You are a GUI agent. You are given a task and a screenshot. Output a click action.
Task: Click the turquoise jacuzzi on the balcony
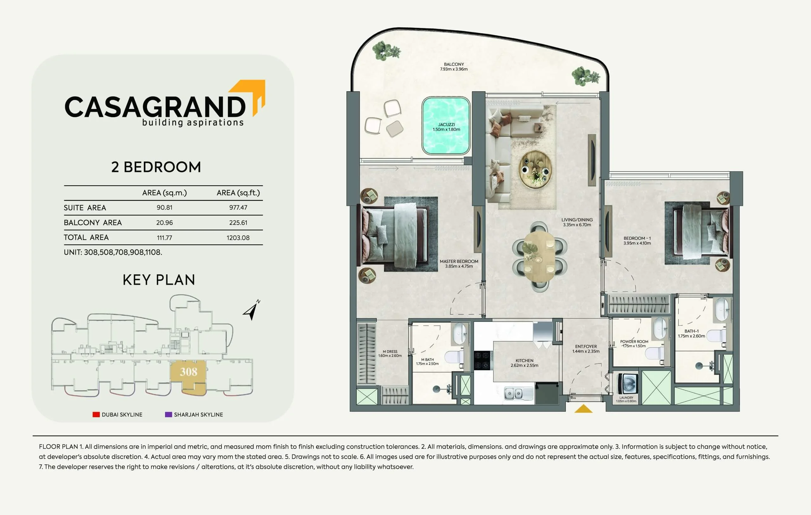tap(446, 126)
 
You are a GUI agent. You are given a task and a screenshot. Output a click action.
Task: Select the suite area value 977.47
tap(238, 208)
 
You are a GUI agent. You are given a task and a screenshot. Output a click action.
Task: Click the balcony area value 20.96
tap(164, 223)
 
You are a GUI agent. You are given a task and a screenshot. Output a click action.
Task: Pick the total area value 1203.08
tap(238, 238)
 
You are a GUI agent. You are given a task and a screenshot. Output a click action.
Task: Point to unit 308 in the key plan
tap(188, 372)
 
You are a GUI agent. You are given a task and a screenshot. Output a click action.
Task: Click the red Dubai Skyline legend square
tap(96, 414)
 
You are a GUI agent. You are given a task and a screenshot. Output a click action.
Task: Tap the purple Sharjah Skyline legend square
tap(169, 414)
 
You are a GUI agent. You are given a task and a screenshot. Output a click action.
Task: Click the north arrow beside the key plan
tap(252, 310)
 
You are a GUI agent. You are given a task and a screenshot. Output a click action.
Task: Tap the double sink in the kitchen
tap(514, 393)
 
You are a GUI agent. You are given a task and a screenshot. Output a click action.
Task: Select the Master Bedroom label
tap(459, 261)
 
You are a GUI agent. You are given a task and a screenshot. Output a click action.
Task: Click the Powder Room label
tap(634, 341)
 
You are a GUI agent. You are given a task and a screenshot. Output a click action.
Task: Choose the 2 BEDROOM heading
tap(156, 167)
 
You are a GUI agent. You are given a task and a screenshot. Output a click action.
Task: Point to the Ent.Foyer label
tap(586, 346)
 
